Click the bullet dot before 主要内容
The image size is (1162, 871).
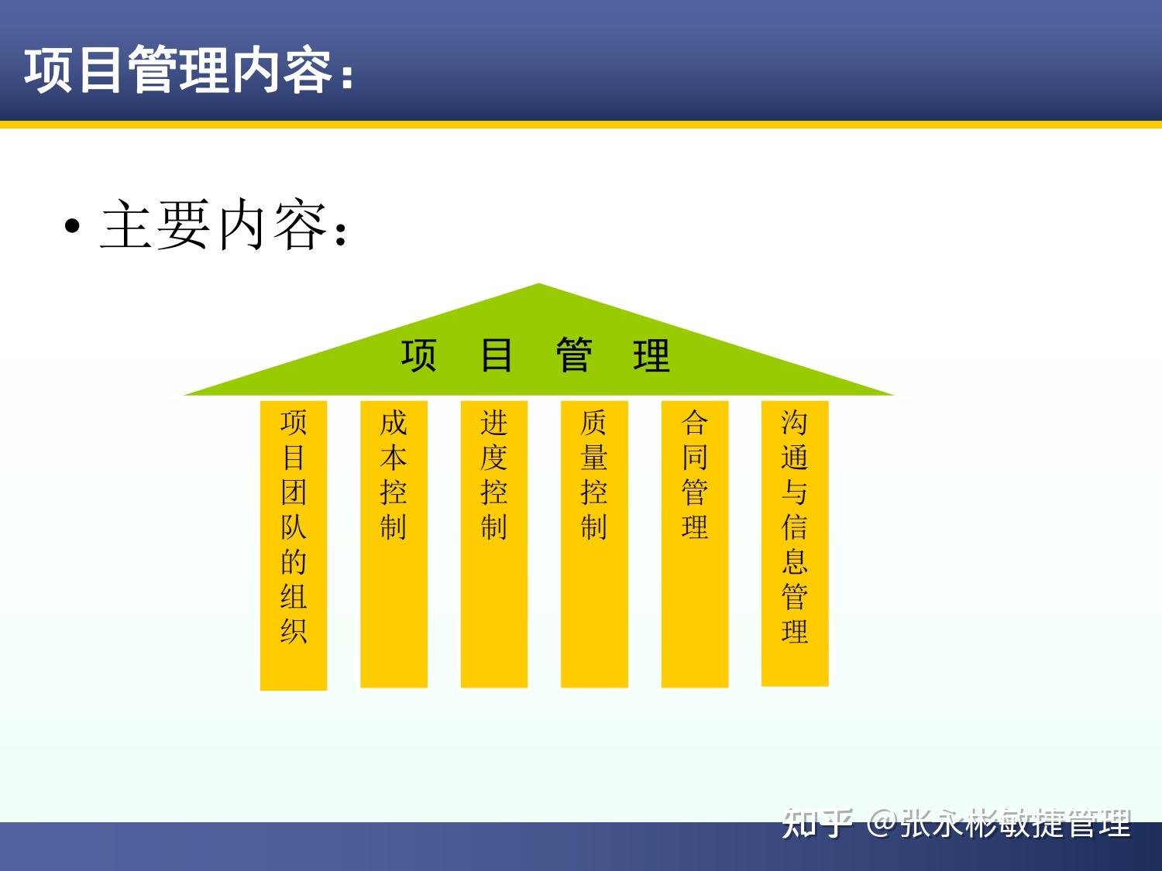[73, 227]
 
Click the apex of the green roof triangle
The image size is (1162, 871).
[539, 286]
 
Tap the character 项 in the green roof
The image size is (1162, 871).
[419, 355]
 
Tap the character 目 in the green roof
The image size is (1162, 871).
[496, 355]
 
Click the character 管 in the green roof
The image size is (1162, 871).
[574, 355]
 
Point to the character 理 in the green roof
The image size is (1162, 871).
[651, 355]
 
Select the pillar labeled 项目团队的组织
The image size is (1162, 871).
[294, 545]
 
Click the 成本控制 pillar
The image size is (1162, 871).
[394, 544]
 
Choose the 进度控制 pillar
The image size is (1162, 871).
[494, 544]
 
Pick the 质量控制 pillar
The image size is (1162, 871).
[594, 544]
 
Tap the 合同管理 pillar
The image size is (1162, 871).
[695, 544]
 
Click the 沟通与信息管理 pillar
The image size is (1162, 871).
[795, 544]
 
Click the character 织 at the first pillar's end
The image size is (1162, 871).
[294, 631]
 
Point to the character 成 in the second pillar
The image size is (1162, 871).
[394, 423]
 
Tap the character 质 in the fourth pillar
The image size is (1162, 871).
[594, 423]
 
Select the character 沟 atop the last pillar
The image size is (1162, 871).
[795, 423]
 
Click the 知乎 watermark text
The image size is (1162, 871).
[817, 823]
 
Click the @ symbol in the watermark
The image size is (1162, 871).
[882, 823]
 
